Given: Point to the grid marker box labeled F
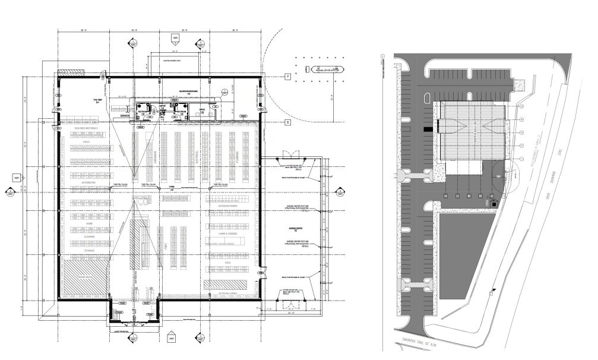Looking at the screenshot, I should [286, 77].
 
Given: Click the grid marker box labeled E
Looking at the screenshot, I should [286, 122].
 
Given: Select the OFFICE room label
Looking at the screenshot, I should [202, 109].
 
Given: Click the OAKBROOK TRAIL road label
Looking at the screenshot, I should [423, 348].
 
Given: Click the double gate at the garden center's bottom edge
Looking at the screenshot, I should [290, 304].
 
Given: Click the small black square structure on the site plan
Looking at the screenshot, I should [491, 204].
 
